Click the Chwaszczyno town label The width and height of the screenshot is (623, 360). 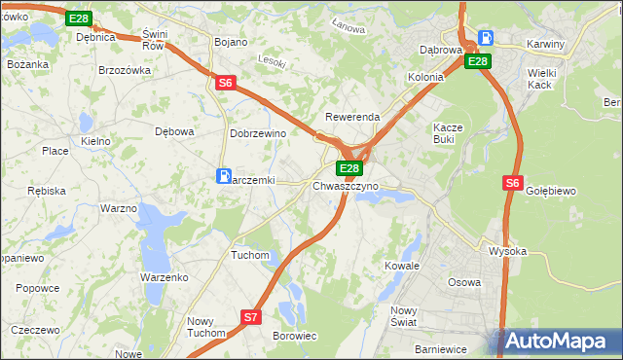click(x=346, y=185)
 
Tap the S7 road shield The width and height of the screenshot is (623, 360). click(x=251, y=316)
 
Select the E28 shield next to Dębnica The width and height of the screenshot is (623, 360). click(x=79, y=18)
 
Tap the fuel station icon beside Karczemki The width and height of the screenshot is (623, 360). click(x=224, y=176)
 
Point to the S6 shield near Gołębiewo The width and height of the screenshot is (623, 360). click(x=513, y=182)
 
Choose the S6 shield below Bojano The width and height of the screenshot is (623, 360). click(x=225, y=84)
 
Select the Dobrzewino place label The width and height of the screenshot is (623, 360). click(x=256, y=133)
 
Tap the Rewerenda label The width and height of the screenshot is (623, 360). click(x=352, y=117)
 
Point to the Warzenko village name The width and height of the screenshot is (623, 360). click(x=164, y=277)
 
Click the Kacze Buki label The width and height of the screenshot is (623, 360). click(x=450, y=133)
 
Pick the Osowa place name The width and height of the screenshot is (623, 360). click(x=463, y=282)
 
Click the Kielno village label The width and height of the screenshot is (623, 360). click(x=95, y=141)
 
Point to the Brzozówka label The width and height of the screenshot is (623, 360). click(x=125, y=70)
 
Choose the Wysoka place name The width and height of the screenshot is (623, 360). click(x=507, y=251)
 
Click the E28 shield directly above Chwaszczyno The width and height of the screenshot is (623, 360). click(x=349, y=168)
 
